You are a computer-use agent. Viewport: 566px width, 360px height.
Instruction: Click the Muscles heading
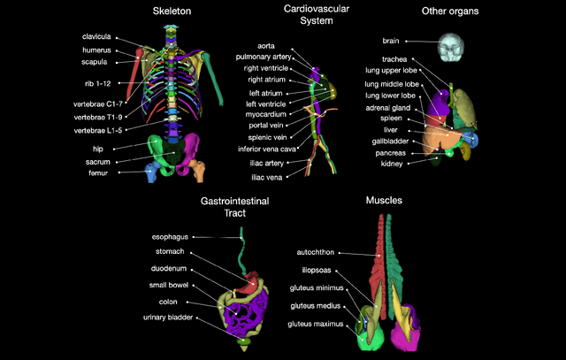(x=383, y=201)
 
